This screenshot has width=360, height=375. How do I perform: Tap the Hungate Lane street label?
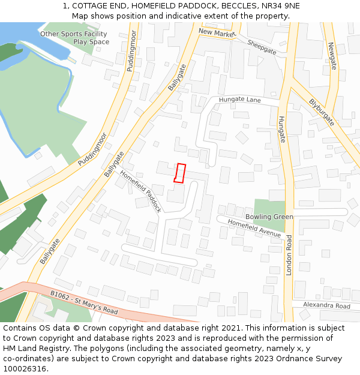tap(239, 100)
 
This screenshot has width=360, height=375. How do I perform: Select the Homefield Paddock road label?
tap(140, 191)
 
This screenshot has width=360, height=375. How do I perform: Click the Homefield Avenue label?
tap(254, 228)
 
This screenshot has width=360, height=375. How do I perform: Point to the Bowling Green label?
tap(269, 217)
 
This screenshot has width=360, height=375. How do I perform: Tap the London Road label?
tap(289, 254)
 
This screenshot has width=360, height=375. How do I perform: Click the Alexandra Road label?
tap(326, 306)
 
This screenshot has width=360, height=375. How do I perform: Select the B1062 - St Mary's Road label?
tap(84, 302)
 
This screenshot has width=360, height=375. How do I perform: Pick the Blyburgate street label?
tap(322, 112)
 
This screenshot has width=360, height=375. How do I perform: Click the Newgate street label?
tap(332, 55)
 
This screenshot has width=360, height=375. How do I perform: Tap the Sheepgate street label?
tap(262, 47)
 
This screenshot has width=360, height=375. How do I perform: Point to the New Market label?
tap(215, 33)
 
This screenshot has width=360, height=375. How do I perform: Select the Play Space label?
tap(91, 42)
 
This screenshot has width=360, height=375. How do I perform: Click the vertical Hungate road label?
tap(281, 129)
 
